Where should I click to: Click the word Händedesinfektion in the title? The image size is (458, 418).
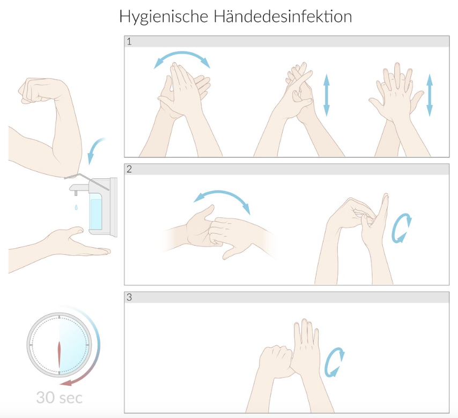coord(283,16)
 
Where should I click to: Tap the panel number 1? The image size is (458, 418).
coord(129,41)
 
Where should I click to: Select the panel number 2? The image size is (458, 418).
coord(129,169)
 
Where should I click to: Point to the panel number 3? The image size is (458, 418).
coord(129,298)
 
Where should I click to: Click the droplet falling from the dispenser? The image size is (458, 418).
coord(76,207)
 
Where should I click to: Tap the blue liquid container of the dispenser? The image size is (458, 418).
coord(95,214)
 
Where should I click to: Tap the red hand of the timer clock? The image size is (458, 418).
coord(60,354)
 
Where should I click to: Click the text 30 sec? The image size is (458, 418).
coord(60,398)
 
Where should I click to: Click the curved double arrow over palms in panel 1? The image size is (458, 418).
coord(182,53)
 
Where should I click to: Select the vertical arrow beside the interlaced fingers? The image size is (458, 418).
coord(327,95)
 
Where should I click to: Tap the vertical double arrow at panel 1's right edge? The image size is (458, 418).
coord(430,95)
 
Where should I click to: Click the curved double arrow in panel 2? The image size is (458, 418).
coord(223,193)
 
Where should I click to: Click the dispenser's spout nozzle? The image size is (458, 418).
coord(76,193)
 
